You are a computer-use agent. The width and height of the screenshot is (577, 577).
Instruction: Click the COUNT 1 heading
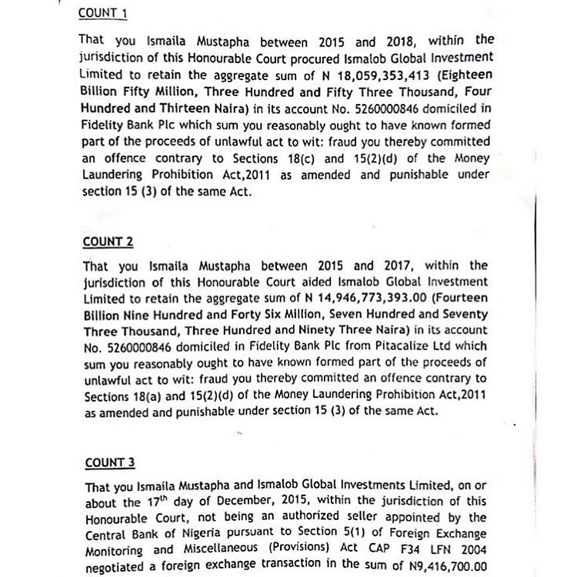coord(108,14)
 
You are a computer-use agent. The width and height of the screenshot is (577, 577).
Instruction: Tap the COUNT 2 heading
coord(108,242)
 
